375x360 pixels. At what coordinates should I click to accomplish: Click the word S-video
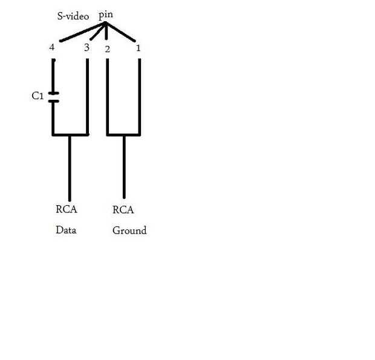[73, 16]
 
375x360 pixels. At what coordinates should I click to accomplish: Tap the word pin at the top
[105, 14]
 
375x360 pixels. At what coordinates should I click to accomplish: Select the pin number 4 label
[53, 48]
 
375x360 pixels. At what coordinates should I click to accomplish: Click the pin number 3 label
[86, 47]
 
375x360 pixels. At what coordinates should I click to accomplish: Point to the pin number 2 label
[107, 49]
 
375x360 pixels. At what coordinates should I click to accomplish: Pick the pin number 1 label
[139, 47]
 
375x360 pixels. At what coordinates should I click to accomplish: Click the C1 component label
[37, 96]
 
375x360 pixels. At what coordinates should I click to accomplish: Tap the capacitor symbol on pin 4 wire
[53, 97]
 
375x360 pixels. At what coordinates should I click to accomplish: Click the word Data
[66, 230]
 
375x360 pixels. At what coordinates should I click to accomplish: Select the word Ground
[129, 231]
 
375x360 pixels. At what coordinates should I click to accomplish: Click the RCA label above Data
[67, 210]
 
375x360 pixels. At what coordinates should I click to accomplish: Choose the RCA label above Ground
[123, 210]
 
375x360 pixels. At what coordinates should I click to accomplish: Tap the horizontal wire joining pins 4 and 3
[70, 134]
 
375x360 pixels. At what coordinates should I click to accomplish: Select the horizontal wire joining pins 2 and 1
[123, 134]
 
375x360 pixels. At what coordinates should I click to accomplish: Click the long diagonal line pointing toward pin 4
[82, 32]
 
